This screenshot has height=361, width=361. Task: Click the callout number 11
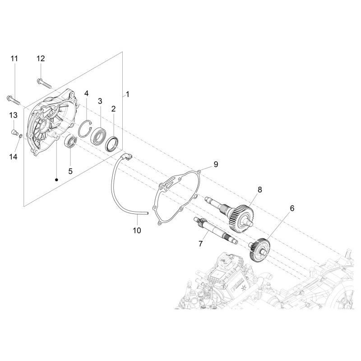pos(14,59)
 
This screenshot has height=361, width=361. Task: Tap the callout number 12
pos(41,59)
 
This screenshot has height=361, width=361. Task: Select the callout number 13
pos(14,115)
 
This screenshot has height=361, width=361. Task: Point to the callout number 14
pos(14,157)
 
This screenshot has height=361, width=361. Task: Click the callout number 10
pos(137,230)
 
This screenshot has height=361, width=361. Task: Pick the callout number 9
pos(216,164)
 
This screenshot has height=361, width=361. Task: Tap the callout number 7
pos(200,244)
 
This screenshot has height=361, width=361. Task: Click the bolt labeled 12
pos(44,84)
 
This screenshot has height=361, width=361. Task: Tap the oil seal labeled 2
pos(112,144)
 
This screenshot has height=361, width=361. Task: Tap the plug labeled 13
pos(14,132)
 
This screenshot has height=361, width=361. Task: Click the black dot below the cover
pos(56,179)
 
